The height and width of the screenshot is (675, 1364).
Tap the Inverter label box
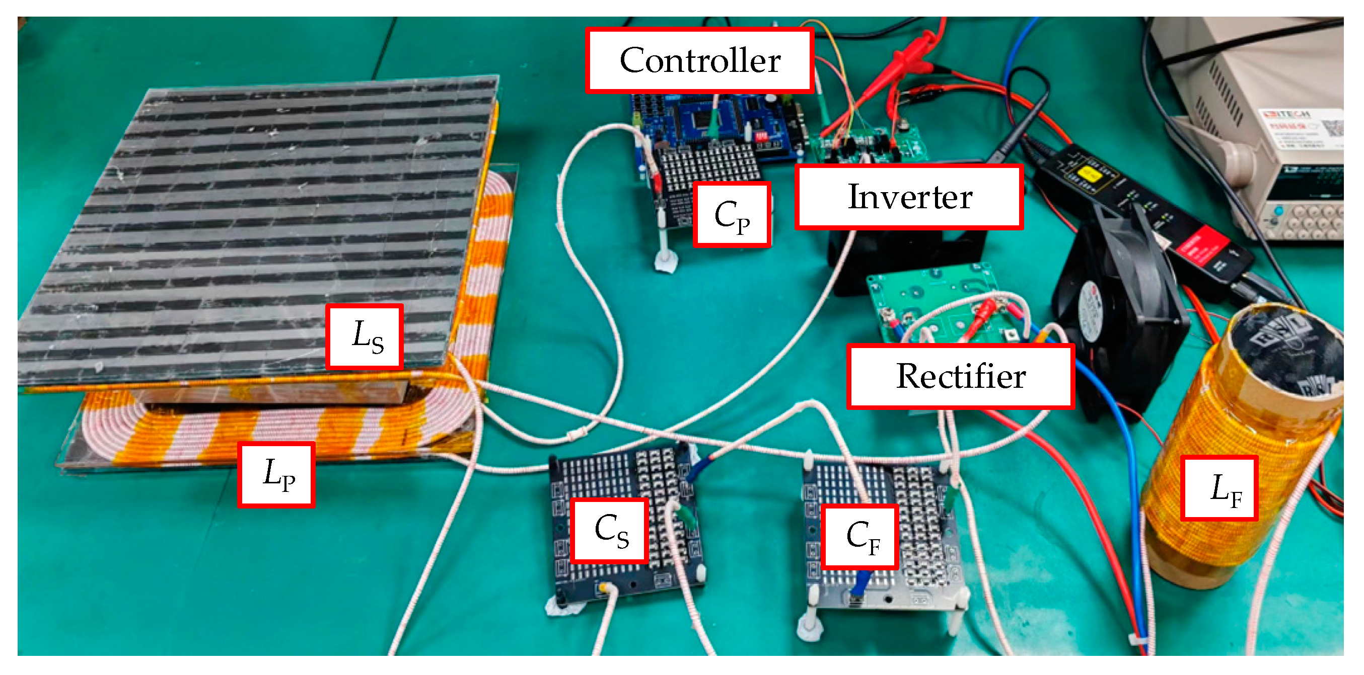pyautogui.click(x=909, y=197)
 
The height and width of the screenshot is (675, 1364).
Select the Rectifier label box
pyautogui.click(x=961, y=376)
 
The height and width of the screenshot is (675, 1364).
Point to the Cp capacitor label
pyautogui.click(x=732, y=215)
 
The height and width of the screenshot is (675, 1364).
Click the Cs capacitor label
pyautogui.click(x=610, y=530)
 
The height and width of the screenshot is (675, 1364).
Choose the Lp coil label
pyautogui.click(x=276, y=474)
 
